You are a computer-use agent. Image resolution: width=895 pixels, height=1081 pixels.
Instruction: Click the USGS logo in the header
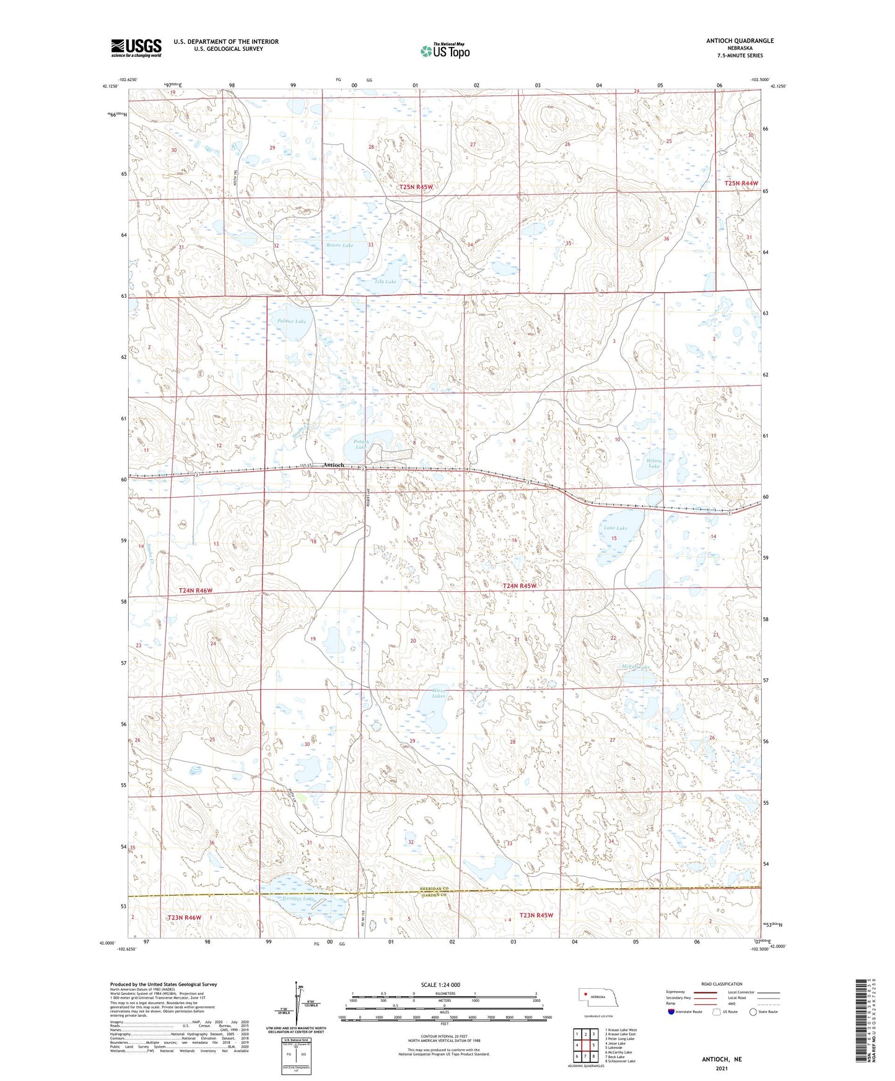coord(136,48)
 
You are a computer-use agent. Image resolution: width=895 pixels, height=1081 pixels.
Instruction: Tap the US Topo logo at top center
coord(445,51)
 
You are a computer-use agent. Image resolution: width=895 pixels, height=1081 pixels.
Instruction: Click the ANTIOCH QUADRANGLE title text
coord(740,41)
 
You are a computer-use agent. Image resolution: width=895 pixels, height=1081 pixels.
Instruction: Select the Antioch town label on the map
coord(333,465)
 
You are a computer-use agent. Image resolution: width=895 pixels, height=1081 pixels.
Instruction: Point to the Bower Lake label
coord(339,246)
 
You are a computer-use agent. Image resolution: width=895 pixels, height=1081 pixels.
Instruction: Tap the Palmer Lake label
coord(291,321)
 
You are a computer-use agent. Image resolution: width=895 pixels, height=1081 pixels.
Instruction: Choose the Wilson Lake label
coord(654,463)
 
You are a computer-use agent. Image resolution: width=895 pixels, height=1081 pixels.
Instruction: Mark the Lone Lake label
coord(615,528)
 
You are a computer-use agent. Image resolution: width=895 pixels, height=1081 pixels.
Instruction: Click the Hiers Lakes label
coord(439,693)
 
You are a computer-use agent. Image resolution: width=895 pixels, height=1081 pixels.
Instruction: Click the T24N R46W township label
coord(196,591)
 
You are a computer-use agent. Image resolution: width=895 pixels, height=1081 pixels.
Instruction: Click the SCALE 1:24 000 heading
coord(440,984)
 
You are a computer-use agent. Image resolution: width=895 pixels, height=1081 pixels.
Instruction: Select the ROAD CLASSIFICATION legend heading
coord(721,984)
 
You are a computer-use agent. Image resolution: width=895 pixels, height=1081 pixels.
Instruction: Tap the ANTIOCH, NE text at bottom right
coord(722,1059)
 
